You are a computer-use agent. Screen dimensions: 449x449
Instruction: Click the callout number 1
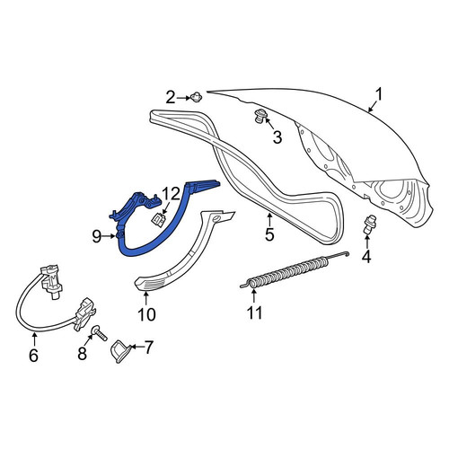(x=379, y=95)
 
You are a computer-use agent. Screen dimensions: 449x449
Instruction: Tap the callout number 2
(x=171, y=97)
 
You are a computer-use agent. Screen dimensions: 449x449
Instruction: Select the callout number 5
(x=269, y=234)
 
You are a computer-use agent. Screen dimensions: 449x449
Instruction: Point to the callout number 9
(x=97, y=237)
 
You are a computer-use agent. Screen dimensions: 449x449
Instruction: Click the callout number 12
(x=172, y=195)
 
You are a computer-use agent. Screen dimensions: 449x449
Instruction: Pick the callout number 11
(x=255, y=313)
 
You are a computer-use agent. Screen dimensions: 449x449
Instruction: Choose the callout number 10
(x=146, y=314)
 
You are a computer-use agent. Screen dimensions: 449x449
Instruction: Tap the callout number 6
(x=33, y=356)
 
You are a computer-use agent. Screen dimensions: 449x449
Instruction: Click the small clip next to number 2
(x=195, y=97)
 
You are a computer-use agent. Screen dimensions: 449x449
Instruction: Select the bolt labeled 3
(x=259, y=116)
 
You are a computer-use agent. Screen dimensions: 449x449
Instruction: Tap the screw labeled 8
(x=100, y=333)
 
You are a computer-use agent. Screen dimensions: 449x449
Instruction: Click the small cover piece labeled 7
(x=120, y=351)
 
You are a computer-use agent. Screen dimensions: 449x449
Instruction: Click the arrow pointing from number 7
(x=137, y=347)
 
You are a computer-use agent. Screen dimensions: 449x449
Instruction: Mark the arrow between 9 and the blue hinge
(x=109, y=236)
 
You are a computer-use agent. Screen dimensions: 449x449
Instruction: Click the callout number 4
(x=366, y=256)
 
